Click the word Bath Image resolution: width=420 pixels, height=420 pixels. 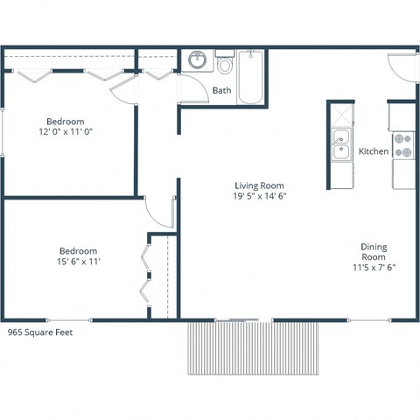pyautogui.click(x=221, y=90)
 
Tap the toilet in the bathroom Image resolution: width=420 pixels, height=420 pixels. pyautogui.click(x=224, y=65)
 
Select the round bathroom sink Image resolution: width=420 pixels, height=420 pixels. pyautogui.click(x=198, y=61)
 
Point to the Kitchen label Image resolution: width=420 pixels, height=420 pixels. pyautogui.click(x=374, y=151)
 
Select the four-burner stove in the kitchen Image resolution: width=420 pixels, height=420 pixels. pyautogui.click(x=402, y=145)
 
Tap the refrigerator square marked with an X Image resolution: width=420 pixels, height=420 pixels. pyautogui.click(x=339, y=115)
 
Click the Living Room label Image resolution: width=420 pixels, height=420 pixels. pyautogui.click(x=259, y=185)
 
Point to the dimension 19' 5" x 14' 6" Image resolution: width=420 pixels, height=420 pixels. pyautogui.click(x=259, y=197)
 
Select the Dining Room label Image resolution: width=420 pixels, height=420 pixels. pyautogui.click(x=374, y=252)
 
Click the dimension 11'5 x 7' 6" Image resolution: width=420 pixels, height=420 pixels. pyautogui.click(x=374, y=269)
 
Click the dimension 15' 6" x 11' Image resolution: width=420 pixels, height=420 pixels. pyautogui.click(x=78, y=262)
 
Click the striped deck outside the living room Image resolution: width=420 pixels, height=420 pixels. pyautogui.click(x=255, y=347)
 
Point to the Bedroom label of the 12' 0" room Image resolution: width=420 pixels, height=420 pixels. pyautogui.click(x=66, y=121)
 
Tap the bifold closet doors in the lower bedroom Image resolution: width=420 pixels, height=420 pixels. pyautogui.click(x=148, y=276)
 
